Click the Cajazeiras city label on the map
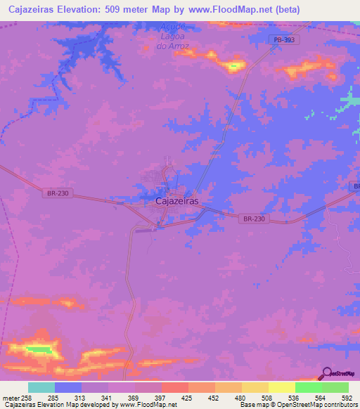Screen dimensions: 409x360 [x=176, y=201]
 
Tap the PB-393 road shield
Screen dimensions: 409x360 [x=283, y=41]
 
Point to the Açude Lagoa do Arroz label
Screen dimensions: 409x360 [x=173, y=37]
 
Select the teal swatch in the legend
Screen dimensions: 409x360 [x=41, y=387]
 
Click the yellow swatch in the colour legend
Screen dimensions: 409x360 [x=282, y=387]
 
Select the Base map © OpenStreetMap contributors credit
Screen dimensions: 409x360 [x=297, y=405]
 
